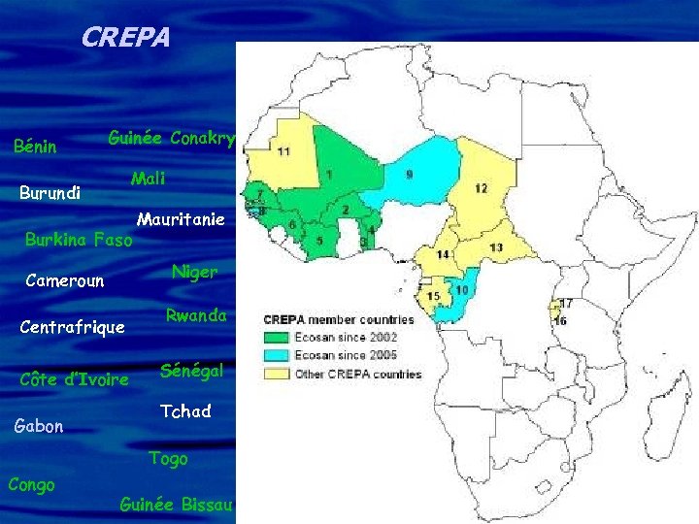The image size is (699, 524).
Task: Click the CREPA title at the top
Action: tap(125, 38)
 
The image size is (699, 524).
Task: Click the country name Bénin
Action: tap(36, 147)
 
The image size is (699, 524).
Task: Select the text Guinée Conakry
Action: tap(171, 139)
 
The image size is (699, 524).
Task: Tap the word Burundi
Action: tap(49, 192)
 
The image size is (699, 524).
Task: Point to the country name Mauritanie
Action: tap(181, 219)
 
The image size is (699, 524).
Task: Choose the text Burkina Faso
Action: tap(79, 239)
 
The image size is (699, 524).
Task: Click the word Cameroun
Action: tap(65, 281)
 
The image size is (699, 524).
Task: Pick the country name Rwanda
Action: tap(196, 315)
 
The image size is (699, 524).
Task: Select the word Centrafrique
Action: tap(73, 327)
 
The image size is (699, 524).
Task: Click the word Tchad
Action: tap(185, 411)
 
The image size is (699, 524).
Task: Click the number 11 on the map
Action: tap(283, 151)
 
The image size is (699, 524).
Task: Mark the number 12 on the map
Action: tap(481, 188)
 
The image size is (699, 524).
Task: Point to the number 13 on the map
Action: tap(496, 248)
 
